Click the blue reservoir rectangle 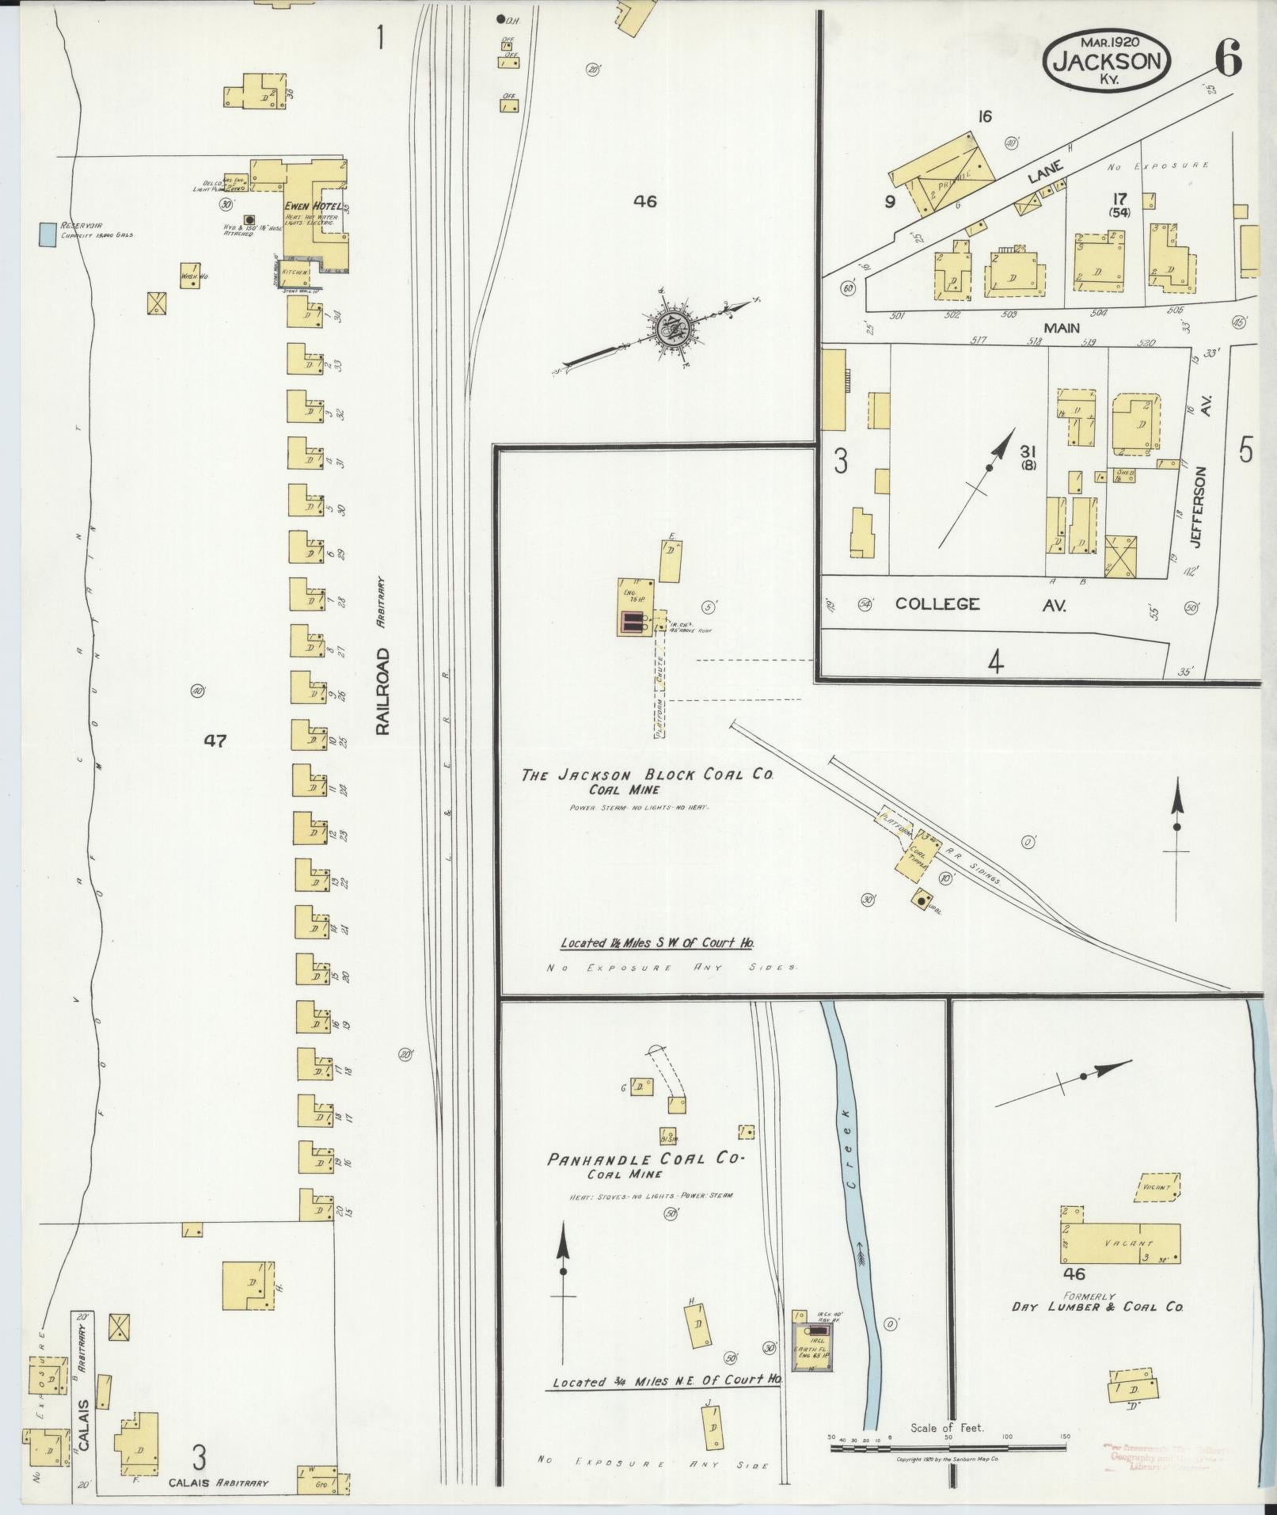pyautogui.click(x=48, y=234)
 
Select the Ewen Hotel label pyautogui.click(x=312, y=207)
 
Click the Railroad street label pyautogui.click(x=385, y=691)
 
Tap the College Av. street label pyautogui.click(x=980, y=605)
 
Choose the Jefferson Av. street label pyautogui.click(x=1200, y=508)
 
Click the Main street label pyautogui.click(x=1061, y=327)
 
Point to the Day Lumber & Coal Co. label pyautogui.click(x=1097, y=1306)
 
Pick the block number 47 pyautogui.click(x=215, y=741)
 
